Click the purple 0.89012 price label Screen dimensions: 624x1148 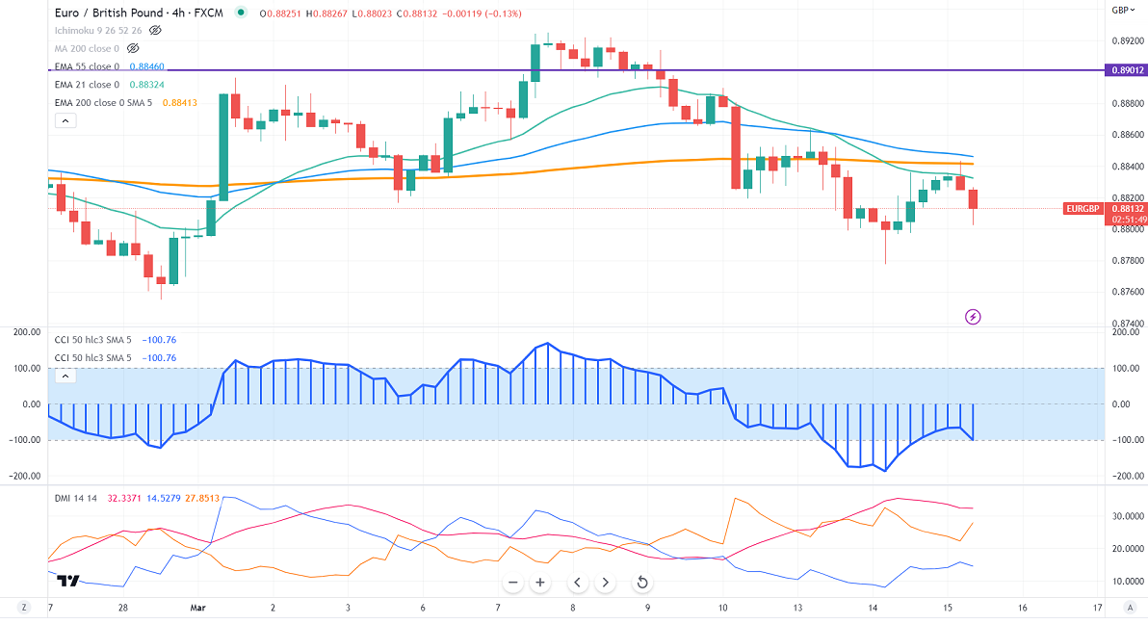coord(1127,70)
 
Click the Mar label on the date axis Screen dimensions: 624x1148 coord(198,609)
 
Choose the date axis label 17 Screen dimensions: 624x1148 coord(1097,609)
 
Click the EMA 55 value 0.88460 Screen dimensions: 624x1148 coord(147,66)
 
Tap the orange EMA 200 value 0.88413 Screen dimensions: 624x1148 coord(180,102)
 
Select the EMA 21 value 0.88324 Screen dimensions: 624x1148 coord(147,85)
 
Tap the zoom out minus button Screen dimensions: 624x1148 coord(513,583)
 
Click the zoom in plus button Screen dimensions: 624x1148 coord(540,583)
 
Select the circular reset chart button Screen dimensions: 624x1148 coord(641,583)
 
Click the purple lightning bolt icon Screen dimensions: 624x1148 coord(973,316)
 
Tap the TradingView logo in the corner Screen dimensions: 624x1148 coord(67,581)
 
